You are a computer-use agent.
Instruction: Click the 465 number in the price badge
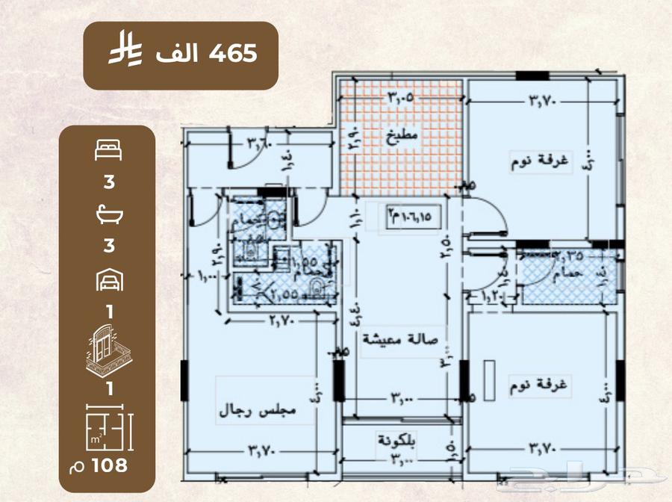[234, 53]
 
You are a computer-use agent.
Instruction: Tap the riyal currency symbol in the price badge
[122, 54]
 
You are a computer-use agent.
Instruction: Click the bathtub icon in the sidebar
[109, 215]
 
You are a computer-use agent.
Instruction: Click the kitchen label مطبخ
[402, 137]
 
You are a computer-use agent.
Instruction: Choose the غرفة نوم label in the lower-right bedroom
[543, 387]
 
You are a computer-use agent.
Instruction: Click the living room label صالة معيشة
[400, 338]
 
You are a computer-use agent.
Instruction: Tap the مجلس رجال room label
[258, 410]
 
